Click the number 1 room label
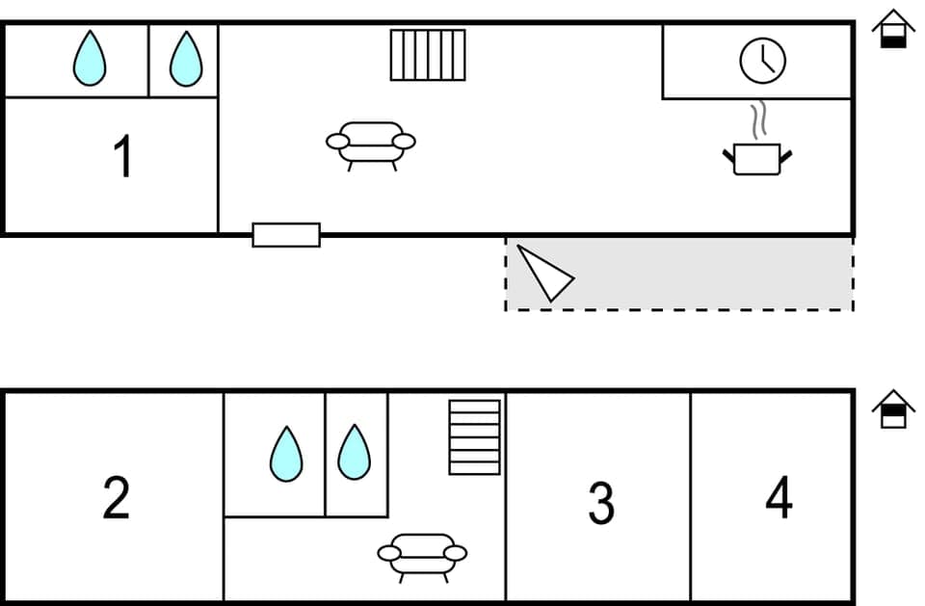coord(122,158)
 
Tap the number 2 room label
coord(116,498)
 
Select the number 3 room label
coord(601,503)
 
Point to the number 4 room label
coord(779,498)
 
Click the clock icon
coord(762,60)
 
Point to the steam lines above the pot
coord(759,119)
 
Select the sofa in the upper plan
coord(371,145)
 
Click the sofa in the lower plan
coord(422,556)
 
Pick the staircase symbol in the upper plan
coord(428,55)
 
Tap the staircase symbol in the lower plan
coord(475,437)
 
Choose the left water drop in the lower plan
coord(285,454)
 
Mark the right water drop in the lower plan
coord(354,452)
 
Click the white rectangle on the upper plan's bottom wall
coord(286,234)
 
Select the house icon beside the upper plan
coord(893,30)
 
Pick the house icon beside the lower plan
coord(893,409)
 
